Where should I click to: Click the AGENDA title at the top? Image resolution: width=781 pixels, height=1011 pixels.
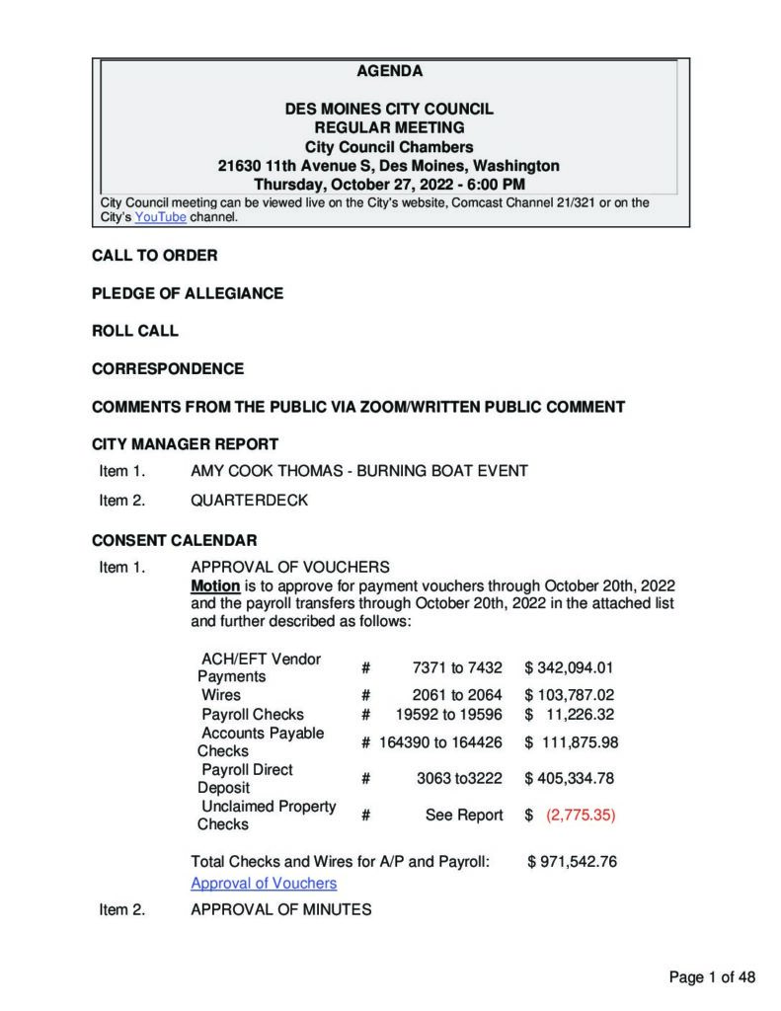click(x=389, y=71)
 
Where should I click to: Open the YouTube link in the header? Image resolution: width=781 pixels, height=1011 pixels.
click(x=160, y=217)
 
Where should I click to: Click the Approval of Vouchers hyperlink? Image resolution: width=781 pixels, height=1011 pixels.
click(x=264, y=883)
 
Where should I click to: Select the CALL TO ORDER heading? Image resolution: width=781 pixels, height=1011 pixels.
click(x=155, y=256)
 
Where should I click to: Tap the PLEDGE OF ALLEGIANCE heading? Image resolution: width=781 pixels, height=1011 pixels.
click(x=188, y=293)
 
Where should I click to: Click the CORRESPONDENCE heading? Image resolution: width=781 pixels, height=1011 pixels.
click(x=168, y=368)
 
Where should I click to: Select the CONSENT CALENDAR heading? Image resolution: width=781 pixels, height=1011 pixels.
click(x=175, y=540)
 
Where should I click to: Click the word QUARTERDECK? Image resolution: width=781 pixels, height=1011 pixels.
click(x=249, y=500)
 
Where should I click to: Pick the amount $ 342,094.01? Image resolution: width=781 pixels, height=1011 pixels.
click(x=570, y=667)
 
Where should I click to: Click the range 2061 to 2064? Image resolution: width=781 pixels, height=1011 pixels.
click(x=457, y=695)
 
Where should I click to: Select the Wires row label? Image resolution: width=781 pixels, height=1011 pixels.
click(x=221, y=695)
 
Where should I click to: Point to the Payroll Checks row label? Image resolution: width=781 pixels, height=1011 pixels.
click(x=253, y=714)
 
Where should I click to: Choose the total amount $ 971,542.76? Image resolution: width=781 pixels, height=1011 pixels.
click(x=573, y=861)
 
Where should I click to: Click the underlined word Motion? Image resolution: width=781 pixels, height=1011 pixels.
click(x=215, y=585)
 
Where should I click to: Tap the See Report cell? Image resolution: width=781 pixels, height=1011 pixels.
click(x=464, y=816)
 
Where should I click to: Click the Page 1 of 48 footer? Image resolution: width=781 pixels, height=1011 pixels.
click(x=712, y=977)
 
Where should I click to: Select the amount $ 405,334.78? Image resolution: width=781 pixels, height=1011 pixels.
click(x=570, y=778)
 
